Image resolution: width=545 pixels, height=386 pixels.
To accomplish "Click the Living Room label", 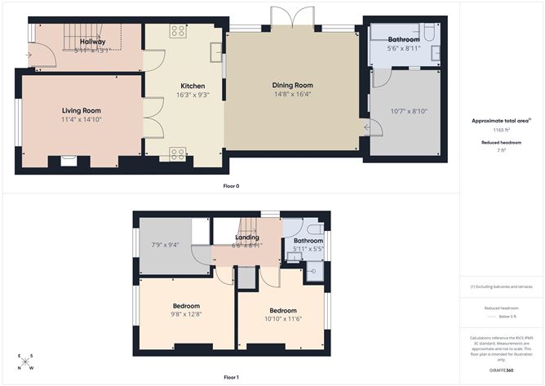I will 81,110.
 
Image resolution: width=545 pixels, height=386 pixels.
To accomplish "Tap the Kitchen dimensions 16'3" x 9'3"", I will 193,95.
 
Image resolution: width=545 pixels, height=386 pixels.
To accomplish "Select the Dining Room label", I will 292,85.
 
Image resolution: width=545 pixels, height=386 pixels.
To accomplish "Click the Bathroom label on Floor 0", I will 403,39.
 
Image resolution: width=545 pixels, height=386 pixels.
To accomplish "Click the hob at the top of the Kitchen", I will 177,31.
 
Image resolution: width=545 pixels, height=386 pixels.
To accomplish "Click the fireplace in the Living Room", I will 69,161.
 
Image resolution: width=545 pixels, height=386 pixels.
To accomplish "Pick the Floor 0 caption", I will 231,187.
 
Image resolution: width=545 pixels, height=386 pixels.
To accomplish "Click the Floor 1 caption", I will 231,377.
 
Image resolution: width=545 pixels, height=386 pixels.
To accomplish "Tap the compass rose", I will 26,362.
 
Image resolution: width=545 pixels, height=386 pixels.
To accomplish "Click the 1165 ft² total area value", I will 502,130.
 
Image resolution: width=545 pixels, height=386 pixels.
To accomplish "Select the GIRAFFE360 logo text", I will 502,370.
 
